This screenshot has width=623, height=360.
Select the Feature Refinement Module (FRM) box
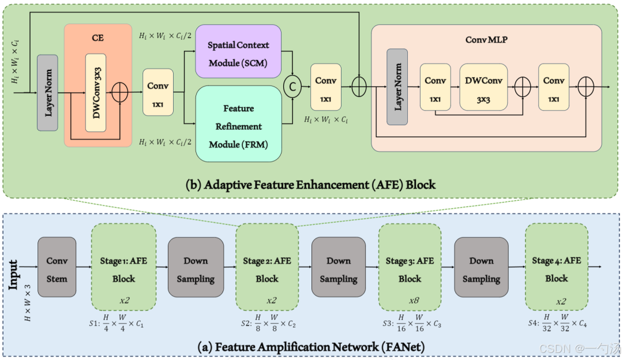click(239, 126)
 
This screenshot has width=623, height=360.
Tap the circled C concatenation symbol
click(293, 87)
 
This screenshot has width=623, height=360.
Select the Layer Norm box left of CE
click(47, 92)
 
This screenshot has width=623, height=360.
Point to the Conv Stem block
click(57, 269)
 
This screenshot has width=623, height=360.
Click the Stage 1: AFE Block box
click(123, 269)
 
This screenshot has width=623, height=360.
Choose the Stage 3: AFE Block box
click(410, 269)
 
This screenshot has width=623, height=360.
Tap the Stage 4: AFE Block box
click(556, 269)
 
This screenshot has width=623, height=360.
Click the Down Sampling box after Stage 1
click(196, 269)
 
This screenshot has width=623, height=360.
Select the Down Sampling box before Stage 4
click(481, 269)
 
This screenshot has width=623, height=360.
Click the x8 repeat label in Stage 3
click(410, 301)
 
